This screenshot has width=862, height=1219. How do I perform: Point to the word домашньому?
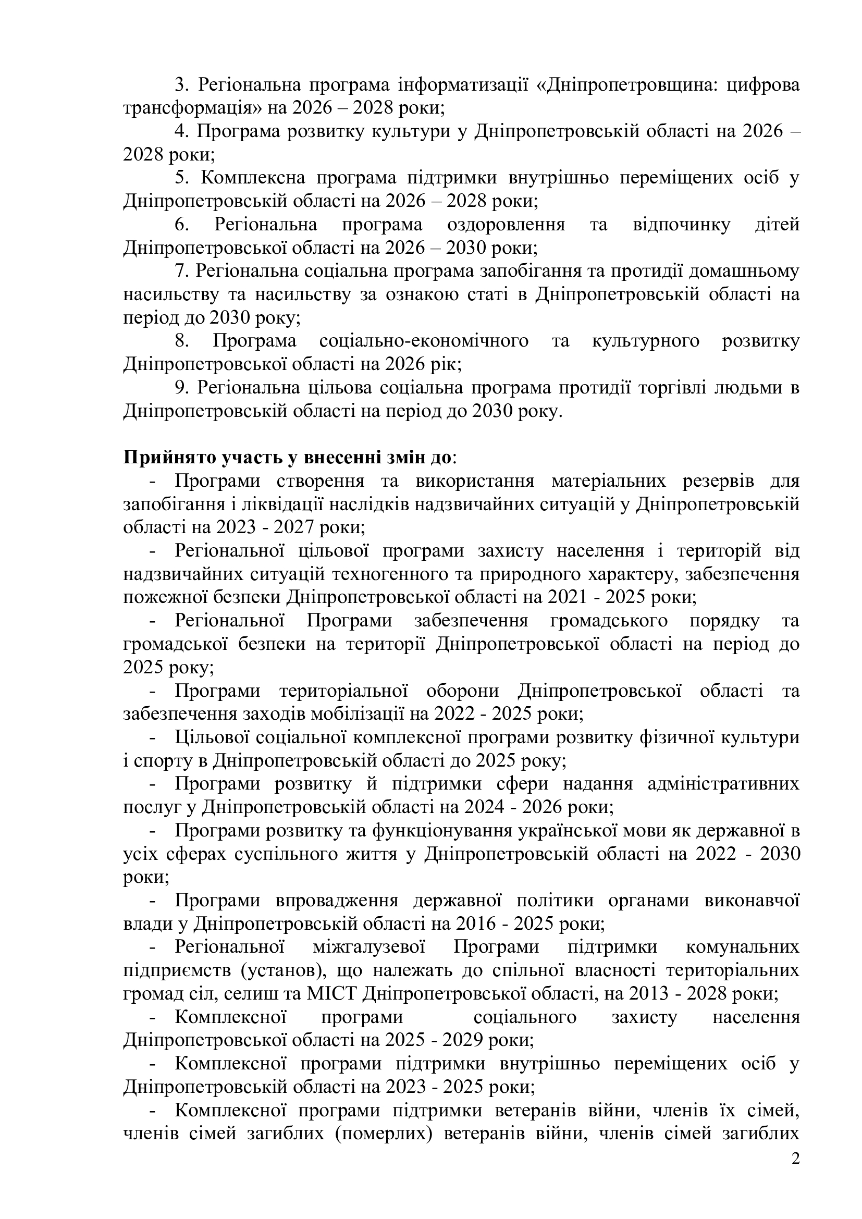pyautogui.click(x=743, y=271)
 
